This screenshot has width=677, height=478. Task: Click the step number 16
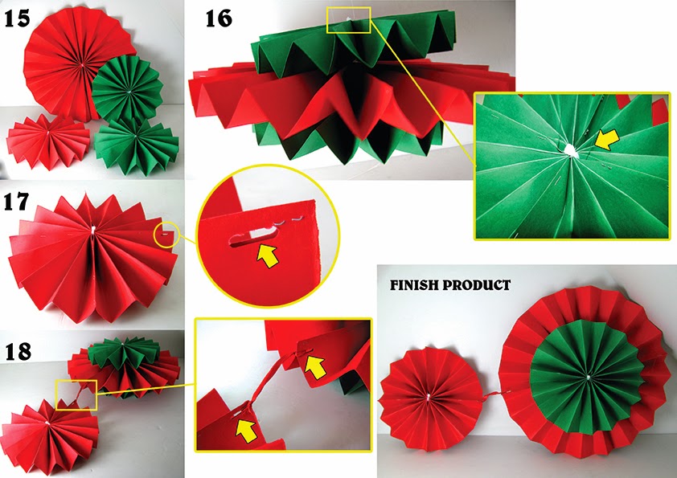[x=219, y=17]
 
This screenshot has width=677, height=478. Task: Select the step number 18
[x=20, y=351]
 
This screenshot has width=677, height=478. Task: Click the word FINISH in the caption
[x=416, y=285]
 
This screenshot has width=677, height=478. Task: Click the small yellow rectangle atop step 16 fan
[x=348, y=19]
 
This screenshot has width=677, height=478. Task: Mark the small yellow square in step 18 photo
[x=76, y=394]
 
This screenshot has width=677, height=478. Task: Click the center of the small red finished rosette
[x=429, y=396]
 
